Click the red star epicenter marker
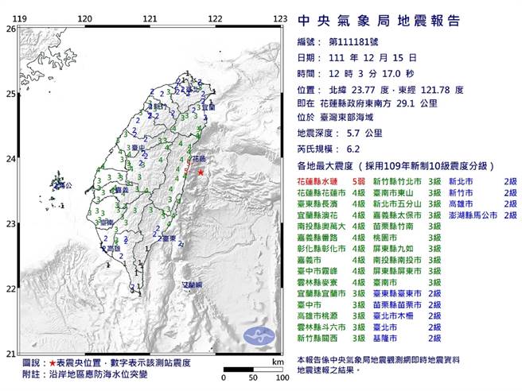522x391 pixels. coord(201,172)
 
